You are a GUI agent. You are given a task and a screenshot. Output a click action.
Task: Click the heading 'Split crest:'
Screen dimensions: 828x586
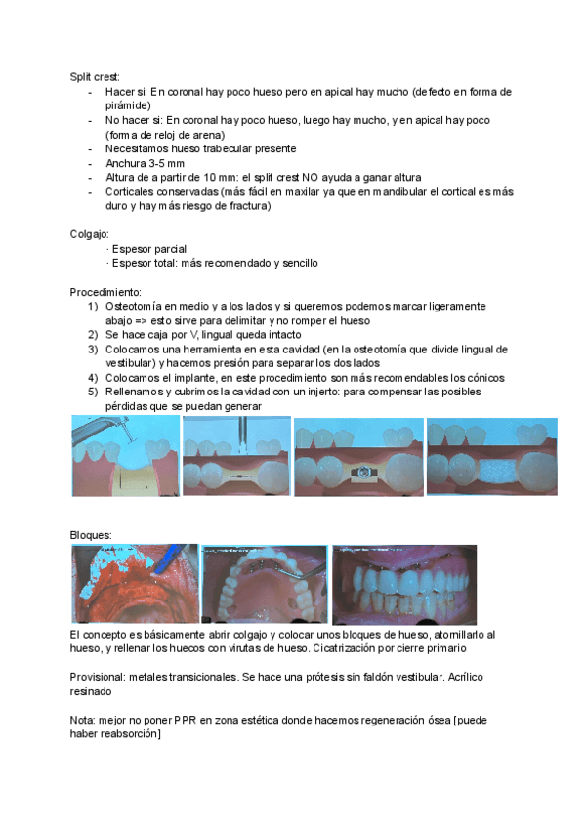(x=93, y=76)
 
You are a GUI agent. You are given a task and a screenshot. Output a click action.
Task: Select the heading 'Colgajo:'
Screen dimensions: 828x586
(x=90, y=234)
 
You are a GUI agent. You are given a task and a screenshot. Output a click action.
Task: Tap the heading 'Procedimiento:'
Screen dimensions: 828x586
(x=105, y=292)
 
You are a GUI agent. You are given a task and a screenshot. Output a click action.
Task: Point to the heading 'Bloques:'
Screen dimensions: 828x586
(x=91, y=535)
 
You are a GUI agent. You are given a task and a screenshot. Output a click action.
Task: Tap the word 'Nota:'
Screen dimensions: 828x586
(x=84, y=720)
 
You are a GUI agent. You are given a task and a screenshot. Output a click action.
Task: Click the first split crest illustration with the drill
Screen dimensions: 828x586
(x=125, y=456)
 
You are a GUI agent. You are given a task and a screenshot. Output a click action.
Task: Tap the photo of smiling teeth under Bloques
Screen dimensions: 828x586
(x=404, y=584)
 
